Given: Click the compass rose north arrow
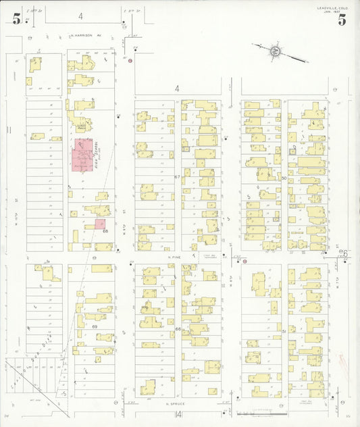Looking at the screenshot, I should (274, 51).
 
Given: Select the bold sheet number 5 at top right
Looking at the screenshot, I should (342, 20).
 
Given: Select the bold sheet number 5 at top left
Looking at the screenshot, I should (16, 20).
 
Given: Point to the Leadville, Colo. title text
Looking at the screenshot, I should (333, 8).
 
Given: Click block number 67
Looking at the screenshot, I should (178, 176).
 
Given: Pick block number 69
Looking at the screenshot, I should (95, 326).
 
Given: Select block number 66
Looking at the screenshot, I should (178, 329).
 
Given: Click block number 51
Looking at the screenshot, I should (284, 331).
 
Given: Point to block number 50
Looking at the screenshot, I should (284, 178).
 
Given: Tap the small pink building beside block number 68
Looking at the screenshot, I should (100, 224).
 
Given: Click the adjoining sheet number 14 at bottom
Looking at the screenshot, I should (176, 415).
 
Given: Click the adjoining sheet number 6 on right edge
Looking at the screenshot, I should (345, 253).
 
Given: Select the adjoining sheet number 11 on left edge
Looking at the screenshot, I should (9, 128).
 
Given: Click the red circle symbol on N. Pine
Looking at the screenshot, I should (245, 261).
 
